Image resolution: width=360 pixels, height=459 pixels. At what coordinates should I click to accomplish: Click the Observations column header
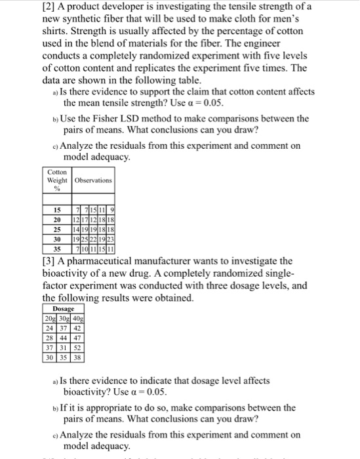[x=93, y=180]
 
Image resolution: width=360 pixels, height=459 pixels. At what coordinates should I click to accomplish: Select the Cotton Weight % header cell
[x=57, y=180]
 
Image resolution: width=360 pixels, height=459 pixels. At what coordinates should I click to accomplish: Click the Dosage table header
[x=64, y=308]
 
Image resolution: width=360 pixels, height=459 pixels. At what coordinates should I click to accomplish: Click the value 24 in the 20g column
[x=50, y=327]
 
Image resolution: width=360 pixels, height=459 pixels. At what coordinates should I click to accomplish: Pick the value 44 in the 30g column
[x=64, y=338]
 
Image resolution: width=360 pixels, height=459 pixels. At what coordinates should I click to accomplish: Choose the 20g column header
[x=50, y=317]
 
